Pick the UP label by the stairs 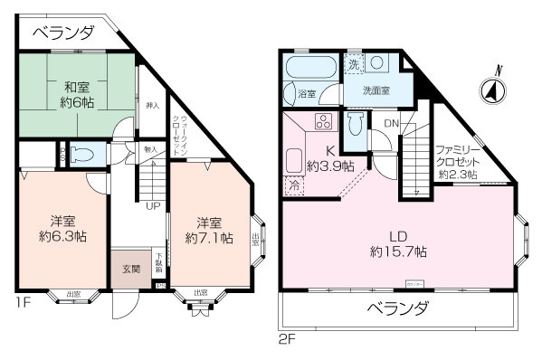155,206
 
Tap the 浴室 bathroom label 307,93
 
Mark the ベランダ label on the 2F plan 397,309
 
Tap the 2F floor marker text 287,339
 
